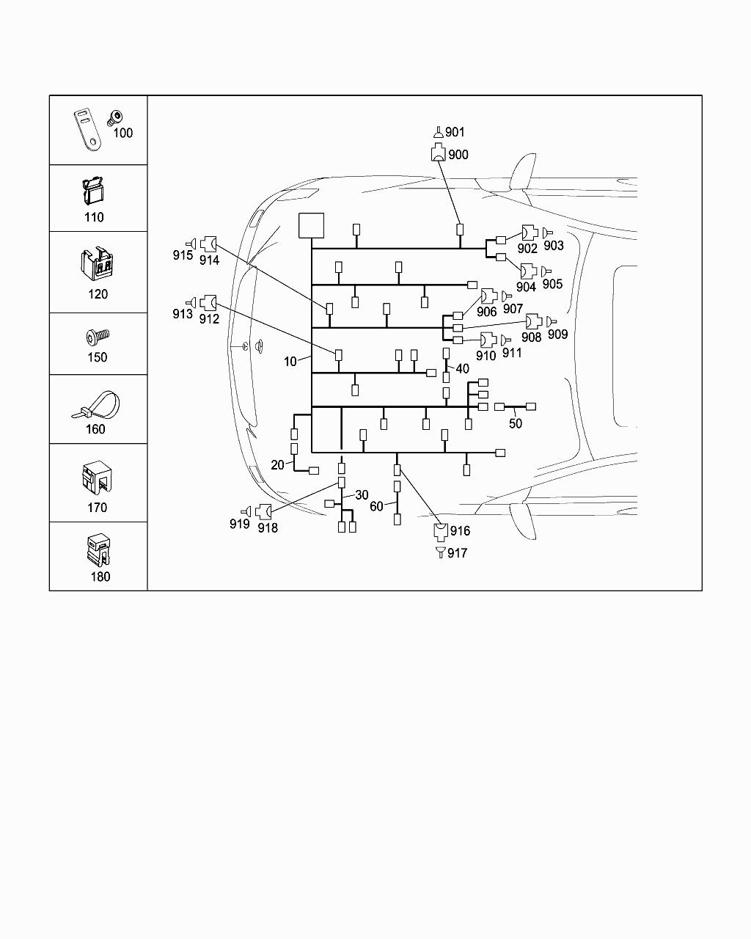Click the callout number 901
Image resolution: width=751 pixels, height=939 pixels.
pos(455,132)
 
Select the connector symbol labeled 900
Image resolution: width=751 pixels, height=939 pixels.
pos(438,154)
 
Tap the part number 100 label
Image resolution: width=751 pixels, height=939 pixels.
pos(122,133)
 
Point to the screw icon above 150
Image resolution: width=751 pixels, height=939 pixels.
pos(97,337)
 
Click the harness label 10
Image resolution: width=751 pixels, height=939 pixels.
pos(290,362)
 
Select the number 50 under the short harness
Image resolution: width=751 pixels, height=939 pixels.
pos(516,423)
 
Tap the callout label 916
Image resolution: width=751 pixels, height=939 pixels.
pos(460,531)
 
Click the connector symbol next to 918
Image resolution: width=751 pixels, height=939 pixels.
pos(263,511)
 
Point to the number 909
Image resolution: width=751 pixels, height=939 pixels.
pos(557,335)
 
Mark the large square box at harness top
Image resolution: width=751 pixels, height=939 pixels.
pos(311,225)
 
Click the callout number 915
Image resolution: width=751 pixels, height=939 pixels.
pos(183,255)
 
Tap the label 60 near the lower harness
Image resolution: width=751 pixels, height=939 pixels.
pos(376,506)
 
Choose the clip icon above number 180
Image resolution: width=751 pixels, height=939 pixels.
pos(98,549)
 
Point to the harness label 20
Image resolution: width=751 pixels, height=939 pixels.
pos(277,465)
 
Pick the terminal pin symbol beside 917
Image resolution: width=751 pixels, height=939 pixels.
pos(440,552)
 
